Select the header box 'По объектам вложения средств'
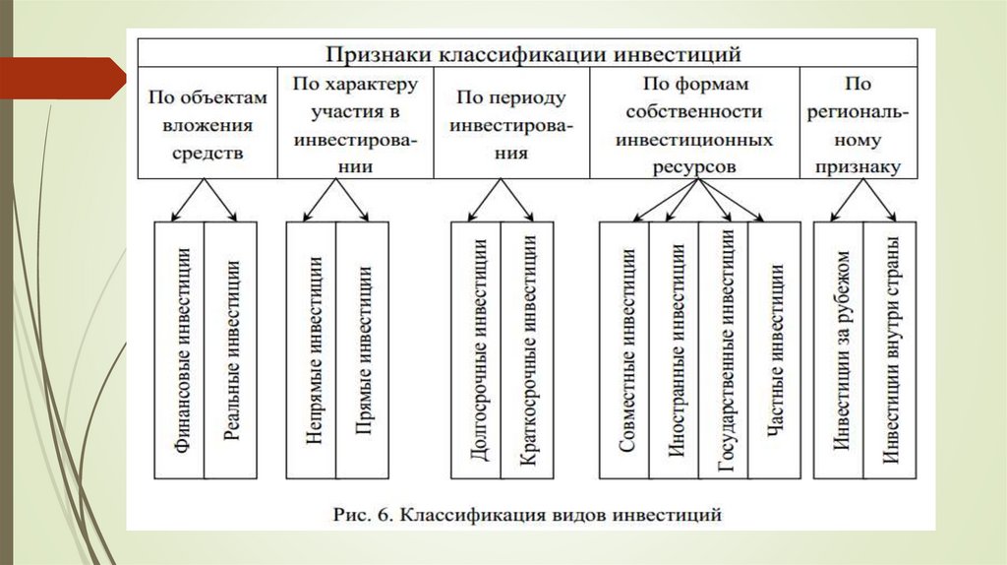coord(207,125)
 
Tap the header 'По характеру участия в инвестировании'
coord(356,125)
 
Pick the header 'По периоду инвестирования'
coord(511,125)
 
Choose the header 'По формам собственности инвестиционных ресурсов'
coord(694,125)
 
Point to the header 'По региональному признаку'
coord(859,125)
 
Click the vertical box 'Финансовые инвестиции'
coord(181,350)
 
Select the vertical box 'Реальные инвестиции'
coord(232,350)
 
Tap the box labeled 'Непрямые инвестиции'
coord(312,350)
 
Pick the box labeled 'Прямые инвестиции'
coord(362,350)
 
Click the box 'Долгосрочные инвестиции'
coord(476,350)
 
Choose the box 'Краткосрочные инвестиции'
coord(526,350)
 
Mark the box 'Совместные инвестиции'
coord(625,350)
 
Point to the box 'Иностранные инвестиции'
coord(675,350)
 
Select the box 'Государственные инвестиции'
coord(725,350)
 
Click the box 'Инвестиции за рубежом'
coord(839,350)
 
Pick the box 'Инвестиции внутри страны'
coord(889,350)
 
